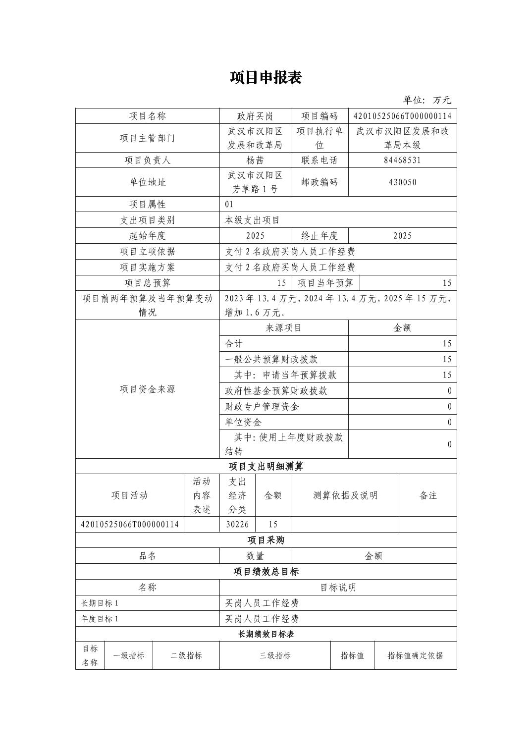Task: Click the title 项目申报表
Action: tap(266, 78)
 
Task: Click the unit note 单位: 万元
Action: tap(426, 100)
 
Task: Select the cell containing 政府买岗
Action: tap(255, 116)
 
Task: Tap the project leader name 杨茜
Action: tap(255, 161)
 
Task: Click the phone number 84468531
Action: tap(402, 161)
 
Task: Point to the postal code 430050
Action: tap(402, 182)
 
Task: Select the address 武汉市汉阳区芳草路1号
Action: tap(255, 182)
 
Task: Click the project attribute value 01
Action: tap(229, 205)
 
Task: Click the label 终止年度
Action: tap(319, 236)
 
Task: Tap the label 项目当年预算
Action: tap(325, 283)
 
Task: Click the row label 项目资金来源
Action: tap(148, 389)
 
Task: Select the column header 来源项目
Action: tap(284, 328)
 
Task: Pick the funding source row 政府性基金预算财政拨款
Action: tap(276, 391)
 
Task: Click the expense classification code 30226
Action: tap(237, 525)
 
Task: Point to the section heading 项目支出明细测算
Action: tap(266, 467)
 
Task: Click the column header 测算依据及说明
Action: tap(345, 496)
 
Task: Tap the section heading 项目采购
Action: tap(266, 540)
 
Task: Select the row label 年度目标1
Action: tap(100, 619)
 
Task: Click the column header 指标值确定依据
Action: tap(415, 656)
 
